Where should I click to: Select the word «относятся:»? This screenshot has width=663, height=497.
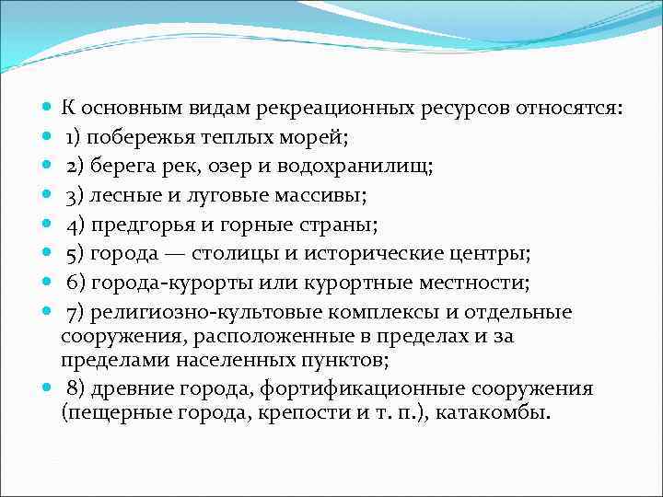(570, 110)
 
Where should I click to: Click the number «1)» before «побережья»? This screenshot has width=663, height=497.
(76, 139)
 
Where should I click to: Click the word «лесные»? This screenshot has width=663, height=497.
(123, 196)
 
